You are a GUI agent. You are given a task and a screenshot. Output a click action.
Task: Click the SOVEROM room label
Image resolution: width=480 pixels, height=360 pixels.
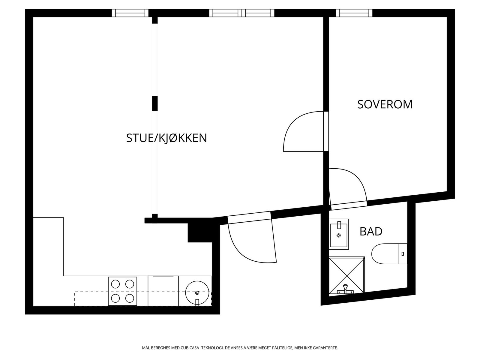pyautogui.click(x=385, y=104)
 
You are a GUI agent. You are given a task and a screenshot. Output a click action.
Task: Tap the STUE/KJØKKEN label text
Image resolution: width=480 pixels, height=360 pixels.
pyautogui.click(x=166, y=138)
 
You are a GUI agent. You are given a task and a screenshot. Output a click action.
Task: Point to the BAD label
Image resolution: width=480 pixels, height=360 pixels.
pyautogui.click(x=371, y=232)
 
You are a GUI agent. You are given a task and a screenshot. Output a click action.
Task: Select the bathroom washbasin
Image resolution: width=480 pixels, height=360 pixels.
pyautogui.click(x=339, y=234)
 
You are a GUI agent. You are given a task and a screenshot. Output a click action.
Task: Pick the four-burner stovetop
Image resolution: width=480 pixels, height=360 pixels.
pyautogui.click(x=122, y=291)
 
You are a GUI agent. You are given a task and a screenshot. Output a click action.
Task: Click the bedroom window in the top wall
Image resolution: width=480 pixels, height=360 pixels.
pyautogui.click(x=354, y=13)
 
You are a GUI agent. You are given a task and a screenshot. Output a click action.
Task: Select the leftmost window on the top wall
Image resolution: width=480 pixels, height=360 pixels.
pyautogui.click(x=130, y=13)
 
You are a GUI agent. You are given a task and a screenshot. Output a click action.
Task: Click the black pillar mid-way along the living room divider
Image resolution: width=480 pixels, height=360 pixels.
pyautogui.click(x=154, y=103)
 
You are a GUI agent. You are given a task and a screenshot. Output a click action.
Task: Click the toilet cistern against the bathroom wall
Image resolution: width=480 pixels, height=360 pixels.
pyautogui.click(x=402, y=254)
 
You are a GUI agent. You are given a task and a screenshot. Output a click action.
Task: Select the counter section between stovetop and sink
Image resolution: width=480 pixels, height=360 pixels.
pyautogui.click(x=163, y=291)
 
